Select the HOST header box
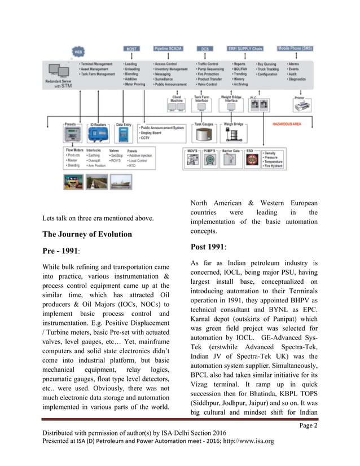tap(130, 49)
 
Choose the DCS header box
tap(204, 49)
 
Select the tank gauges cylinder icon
tap(203, 135)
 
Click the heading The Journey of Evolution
tap(87, 235)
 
